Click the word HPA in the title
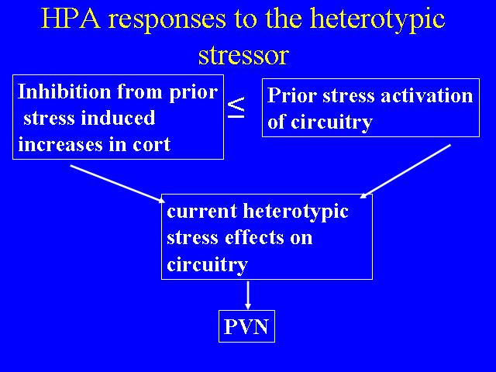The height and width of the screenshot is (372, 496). tap(71, 18)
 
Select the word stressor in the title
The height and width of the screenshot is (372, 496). tap(243, 55)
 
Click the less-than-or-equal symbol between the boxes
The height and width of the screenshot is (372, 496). tap(236, 108)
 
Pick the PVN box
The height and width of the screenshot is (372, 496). tap(246, 326)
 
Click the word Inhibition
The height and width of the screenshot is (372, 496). tap(64, 91)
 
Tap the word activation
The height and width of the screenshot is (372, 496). tap(427, 95)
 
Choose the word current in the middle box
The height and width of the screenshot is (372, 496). tap(201, 211)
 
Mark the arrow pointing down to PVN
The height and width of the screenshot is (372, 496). tap(248, 295)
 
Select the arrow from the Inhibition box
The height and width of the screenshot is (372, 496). tap(118, 184)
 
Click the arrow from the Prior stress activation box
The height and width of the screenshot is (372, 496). tap(405, 171)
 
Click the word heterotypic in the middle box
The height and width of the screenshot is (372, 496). tap(295, 212)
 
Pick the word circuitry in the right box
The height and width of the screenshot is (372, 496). tap(332, 122)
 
